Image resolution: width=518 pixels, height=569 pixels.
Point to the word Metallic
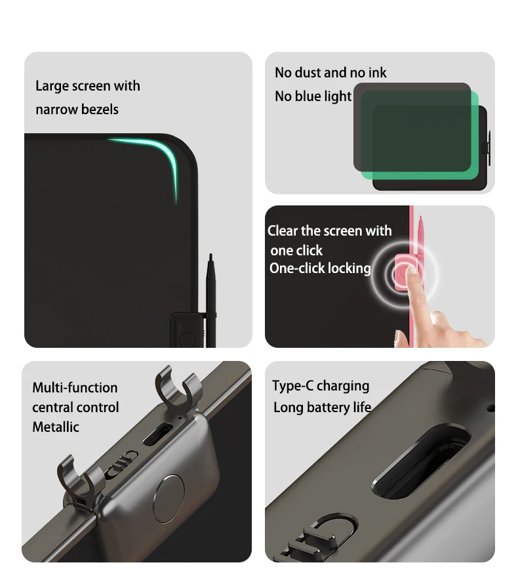click(x=56, y=427)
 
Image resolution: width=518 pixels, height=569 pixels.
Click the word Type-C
click(x=293, y=386)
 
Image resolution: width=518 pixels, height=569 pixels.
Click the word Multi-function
click(x=75, y=388)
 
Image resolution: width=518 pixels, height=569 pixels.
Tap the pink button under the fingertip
click(x=403, y=272)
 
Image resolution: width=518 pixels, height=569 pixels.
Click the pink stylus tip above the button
click(x=420, y=219)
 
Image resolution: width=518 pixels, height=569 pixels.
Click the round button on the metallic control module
click(x=169, y=499)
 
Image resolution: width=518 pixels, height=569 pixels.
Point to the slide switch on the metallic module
click(x=121, y=463)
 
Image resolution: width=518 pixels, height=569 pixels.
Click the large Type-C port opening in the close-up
click(x=420, y=461)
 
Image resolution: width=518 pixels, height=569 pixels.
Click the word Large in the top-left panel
click(x=52, y=87)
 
